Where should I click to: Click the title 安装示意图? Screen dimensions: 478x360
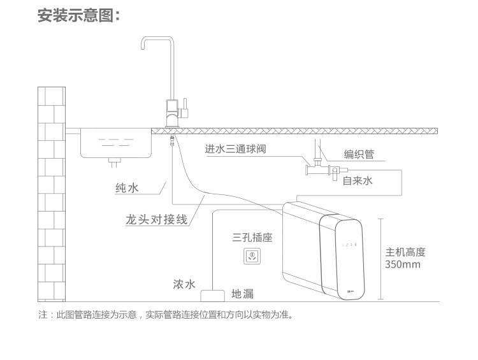pos(79,15)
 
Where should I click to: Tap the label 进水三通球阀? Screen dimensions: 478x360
pos(235,148)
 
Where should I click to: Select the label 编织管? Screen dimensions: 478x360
pos(359,154)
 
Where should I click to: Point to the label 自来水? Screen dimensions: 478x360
pos(358,181)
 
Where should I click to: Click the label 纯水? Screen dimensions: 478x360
pos(127,188)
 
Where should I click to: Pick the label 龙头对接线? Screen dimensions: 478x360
pos(156,219)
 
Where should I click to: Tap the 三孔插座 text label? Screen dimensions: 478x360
pos(252,237)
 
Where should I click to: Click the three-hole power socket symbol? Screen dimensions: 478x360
pos(252,256)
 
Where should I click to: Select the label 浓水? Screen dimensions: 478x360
pos(184,284)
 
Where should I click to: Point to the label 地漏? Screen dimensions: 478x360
pos(242,294)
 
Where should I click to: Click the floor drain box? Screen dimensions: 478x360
pos(212,296)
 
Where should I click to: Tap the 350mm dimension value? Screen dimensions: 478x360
pos(402,264)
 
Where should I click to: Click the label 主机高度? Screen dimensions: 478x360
pos(405,252)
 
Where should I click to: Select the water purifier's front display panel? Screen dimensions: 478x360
pos(342,257)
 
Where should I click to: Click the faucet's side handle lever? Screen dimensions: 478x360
pos(185,108)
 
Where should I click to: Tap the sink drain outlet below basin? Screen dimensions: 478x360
pos(114,162)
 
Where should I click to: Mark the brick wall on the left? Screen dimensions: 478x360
pos(52,194)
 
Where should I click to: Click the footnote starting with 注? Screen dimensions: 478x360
pos(166,314)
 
